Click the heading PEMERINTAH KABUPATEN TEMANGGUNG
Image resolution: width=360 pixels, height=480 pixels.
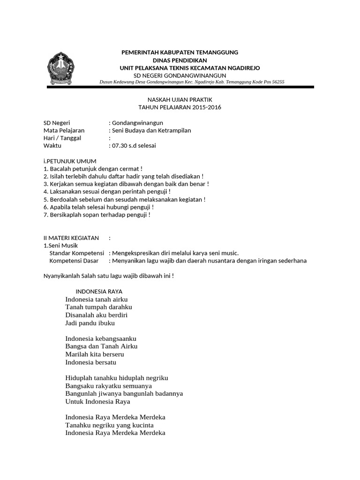(x=180, y=52)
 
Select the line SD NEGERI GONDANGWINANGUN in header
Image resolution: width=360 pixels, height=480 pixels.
(x=180, y=75)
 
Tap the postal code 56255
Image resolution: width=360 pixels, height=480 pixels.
(x=277, y=82)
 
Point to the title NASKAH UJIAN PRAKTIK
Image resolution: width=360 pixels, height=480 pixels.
(x=180, y=100)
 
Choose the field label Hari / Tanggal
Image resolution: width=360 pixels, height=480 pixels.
(x=62, y=138)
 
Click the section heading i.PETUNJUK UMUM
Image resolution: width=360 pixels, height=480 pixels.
(x=70, y=161)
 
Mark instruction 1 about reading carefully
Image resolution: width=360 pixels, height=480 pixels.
(x=93, y=169)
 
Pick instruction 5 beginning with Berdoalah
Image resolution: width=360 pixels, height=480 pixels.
(x=124, y=199)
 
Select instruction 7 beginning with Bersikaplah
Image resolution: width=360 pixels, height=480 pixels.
(x=97, y=215)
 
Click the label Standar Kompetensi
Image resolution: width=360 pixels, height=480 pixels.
(x=77, y=253)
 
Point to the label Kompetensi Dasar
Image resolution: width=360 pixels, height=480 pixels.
(x=74, y=261)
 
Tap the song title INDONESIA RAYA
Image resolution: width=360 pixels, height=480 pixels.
(x=99, y=292)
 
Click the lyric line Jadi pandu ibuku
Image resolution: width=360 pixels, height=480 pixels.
(x=90, y=323)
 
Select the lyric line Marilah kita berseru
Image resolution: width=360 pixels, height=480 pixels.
(x=95, y=354)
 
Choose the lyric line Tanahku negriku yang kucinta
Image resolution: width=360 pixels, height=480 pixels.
(x=110, y=425)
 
